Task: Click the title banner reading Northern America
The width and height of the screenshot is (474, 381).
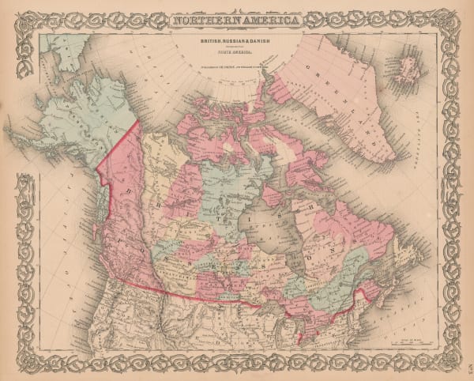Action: tap(237, 20)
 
